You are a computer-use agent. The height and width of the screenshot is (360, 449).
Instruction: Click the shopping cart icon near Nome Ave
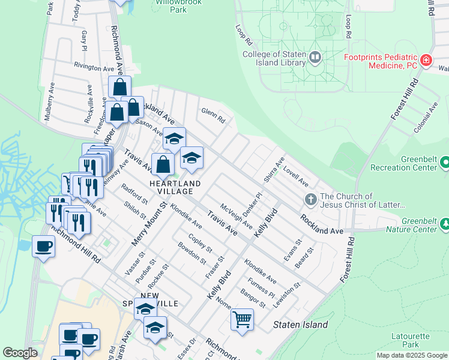point(242,319)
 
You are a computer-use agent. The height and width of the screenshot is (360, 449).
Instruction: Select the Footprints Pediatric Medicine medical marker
point(426,59)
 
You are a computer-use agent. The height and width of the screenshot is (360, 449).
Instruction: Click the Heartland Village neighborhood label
point(171,187)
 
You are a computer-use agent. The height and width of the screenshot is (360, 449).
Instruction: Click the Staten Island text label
point(301,325)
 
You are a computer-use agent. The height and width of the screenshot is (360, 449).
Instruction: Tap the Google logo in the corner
point(20,353)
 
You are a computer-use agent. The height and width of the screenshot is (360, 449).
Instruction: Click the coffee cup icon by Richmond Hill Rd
point(43,245)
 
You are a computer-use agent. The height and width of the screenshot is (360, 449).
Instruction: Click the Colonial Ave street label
point(426,118)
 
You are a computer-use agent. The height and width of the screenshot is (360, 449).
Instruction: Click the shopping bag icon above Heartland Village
point(163,163)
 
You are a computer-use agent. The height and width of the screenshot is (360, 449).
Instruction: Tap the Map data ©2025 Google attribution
point(412,355)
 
